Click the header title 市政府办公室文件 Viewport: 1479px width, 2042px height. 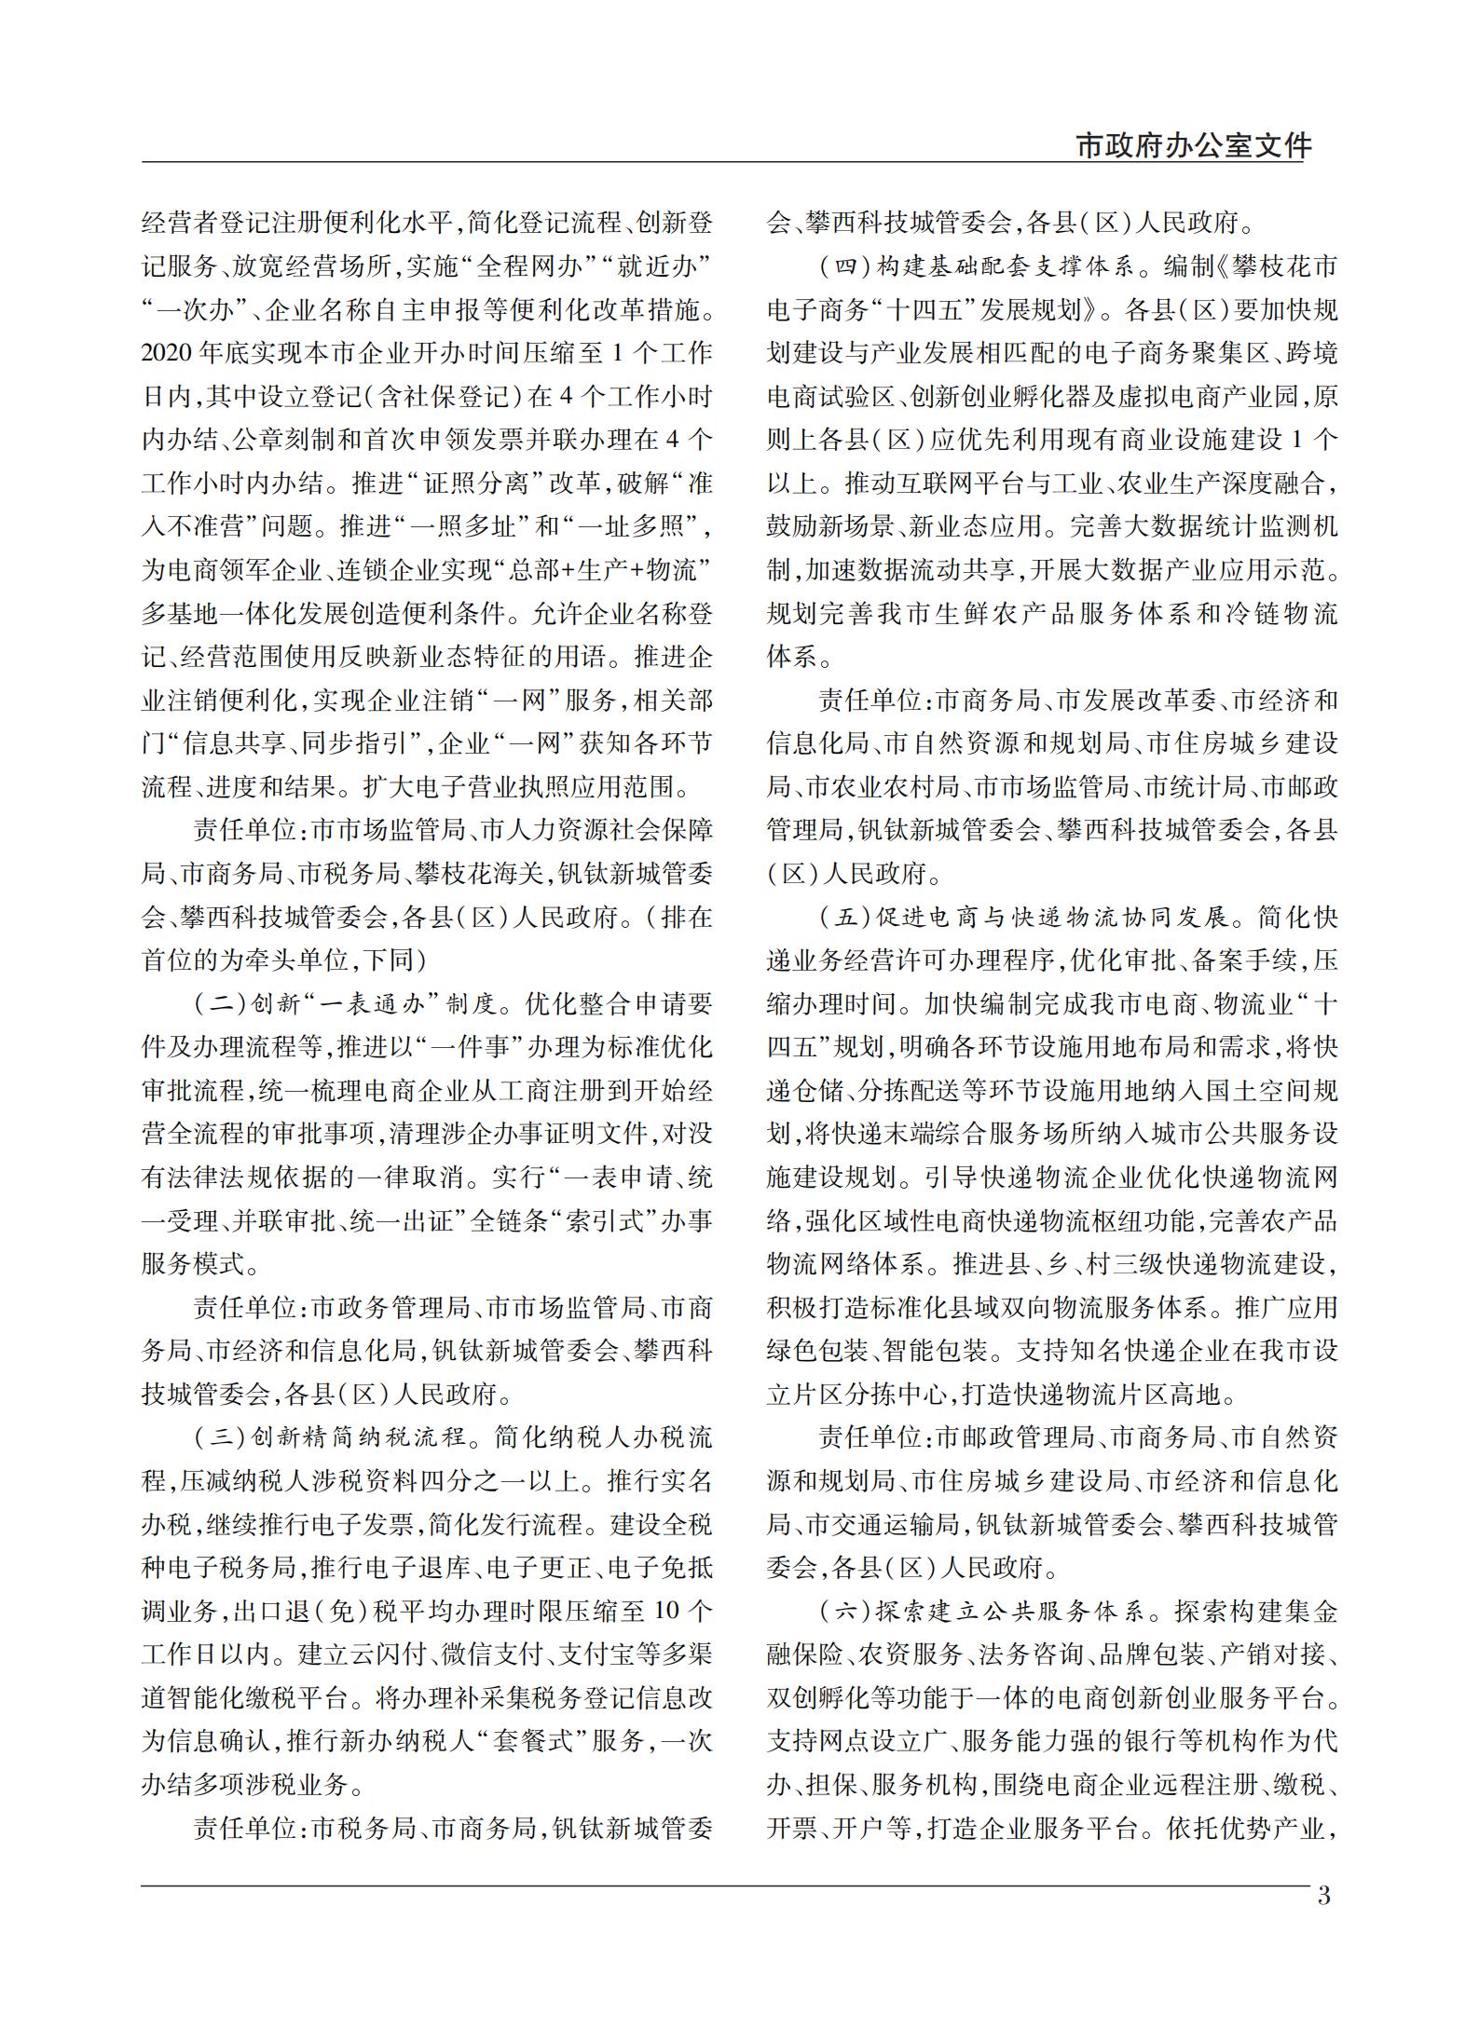pyautogui.click(x=1193, y=145)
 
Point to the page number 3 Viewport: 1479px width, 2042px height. pyautogui.click(x=1324, y=1895)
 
